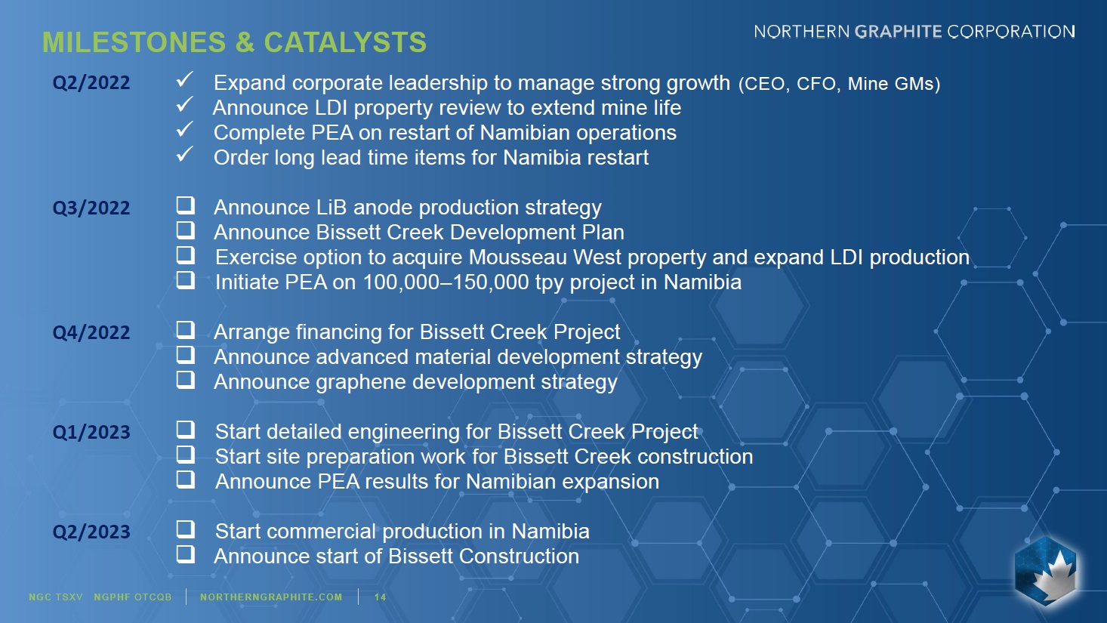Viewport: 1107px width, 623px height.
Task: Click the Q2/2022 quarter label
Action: pyautogui.click(x=91, y=82)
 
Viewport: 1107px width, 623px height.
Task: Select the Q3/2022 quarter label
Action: pyautogui.click(x=91, y=208)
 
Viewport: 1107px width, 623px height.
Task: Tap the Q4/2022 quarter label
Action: pyautogui.click(x=91, y=332)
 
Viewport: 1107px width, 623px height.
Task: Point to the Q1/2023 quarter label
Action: pyautogui.click(x=91, y=432)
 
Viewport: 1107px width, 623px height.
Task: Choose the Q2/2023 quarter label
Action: pyautogui.click(x=91, y=532)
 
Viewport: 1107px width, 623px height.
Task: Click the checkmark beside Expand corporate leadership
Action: pyautogui.click(x=185, y=79)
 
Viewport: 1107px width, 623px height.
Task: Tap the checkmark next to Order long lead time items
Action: pyautogui.click(x=185, y=154)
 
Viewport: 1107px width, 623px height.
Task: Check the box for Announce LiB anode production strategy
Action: pyautogui.click(x=185, y=205)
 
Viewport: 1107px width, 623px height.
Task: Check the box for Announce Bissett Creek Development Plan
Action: pyautogui.click(x=185, y=230)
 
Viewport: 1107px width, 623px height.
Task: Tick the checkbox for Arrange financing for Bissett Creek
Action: pyautogui.click(x=185, y=329)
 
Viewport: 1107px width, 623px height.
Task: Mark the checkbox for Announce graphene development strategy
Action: pyautogui.click(x=185, y=380)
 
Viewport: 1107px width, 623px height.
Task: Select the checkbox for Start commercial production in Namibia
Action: pyautogui.click(x=185, y=529)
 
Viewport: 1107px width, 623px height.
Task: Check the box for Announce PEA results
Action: pyautogui.click(x=185, y=480)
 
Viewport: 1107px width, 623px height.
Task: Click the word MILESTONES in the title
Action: pyautogui.click(x=134, y=42)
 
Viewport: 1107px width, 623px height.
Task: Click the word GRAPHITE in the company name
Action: pyautogui.click(x=899, y=32)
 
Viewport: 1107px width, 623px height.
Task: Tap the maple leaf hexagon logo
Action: pyautogui.click(x=1045, y=571)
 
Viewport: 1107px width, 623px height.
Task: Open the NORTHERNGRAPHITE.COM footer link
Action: pyautogui.click(x=271, y=597)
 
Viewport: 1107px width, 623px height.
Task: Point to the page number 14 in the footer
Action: pyautogui.click(x=380, y=597)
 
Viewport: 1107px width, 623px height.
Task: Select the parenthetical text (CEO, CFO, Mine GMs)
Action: pyautogui.click(x=839, y=84)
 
